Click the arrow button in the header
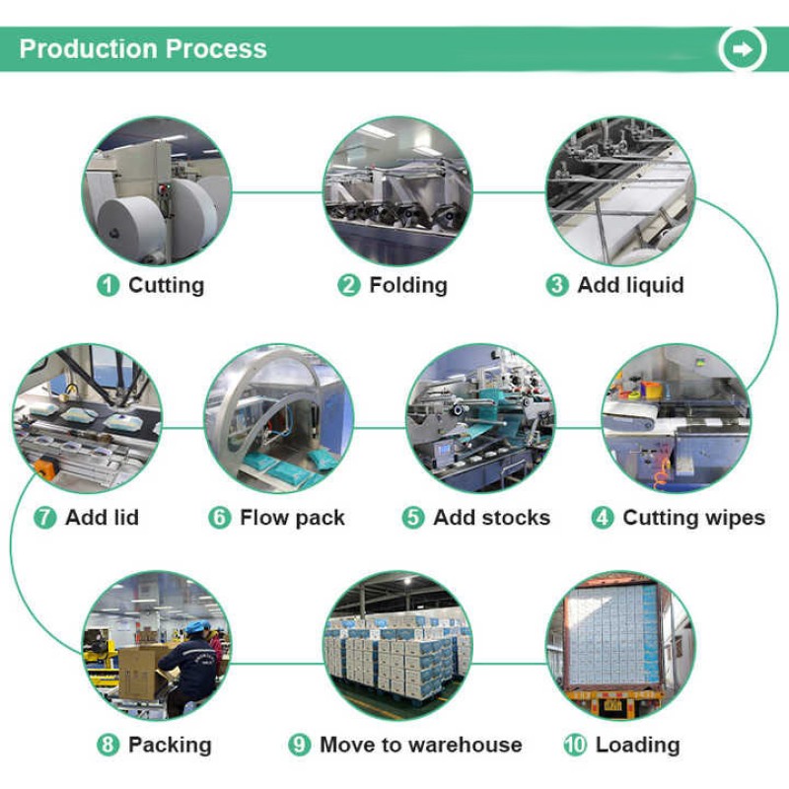(743, 48)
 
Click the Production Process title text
(143, 48)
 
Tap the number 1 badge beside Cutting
(108, 286)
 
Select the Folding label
(407, 286)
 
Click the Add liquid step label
(629, 286)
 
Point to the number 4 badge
(603, 518)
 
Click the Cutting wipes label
(693, 518)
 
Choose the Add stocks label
(491, 518)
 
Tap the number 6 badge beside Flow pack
(220, 518)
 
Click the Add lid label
(102, 518)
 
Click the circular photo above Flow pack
(278, 417)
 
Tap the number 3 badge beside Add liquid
(557, 286)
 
